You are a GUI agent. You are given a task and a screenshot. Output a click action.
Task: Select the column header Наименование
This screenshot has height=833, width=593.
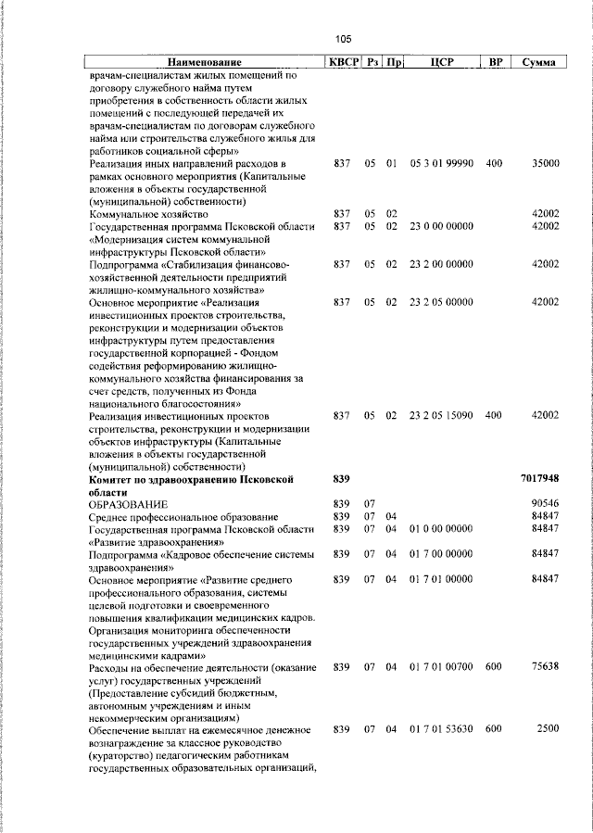[x=204, y=62]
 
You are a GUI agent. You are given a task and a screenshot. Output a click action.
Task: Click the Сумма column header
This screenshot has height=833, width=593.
[x=538, y=62]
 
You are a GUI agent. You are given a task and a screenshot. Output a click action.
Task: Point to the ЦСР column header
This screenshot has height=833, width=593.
[x=441, y=62]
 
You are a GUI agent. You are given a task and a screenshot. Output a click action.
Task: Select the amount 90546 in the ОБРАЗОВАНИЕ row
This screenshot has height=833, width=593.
[x=545, y=503]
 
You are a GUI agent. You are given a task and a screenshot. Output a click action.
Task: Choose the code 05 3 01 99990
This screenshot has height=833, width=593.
[x=441, y=163]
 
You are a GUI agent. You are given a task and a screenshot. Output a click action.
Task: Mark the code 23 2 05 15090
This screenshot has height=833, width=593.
[x=441, y=416]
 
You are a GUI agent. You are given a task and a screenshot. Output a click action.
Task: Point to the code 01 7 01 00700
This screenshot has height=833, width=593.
[x=441, y=667]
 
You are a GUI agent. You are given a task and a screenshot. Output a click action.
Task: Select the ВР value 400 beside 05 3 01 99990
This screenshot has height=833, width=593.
[x=493, y=163]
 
